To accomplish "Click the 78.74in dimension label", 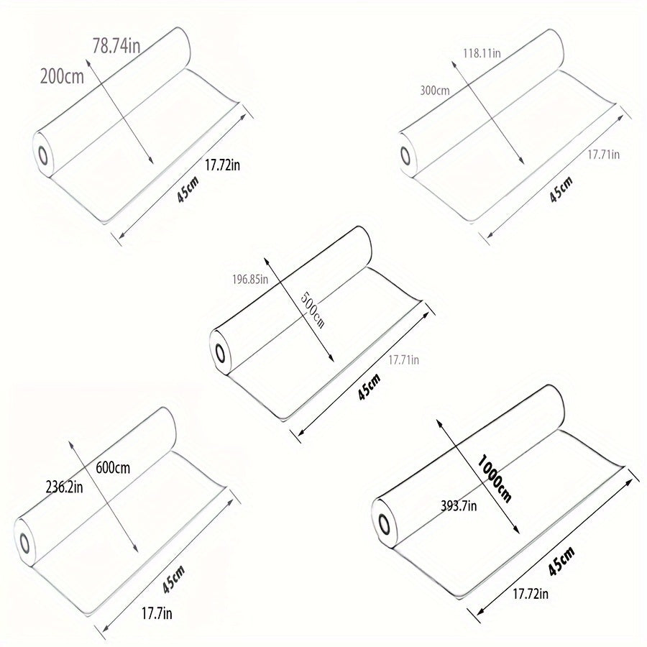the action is pos(116,45).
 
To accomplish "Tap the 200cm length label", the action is pos(62,76).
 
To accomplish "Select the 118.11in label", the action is pos(482,53).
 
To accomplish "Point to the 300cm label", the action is pos(435,90).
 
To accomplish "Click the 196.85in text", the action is pos(250,280).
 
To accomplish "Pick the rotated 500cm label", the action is pos(313,309).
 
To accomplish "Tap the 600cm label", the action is pos(113,468).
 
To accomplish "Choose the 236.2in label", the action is pos(65,487).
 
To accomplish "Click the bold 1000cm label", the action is pos(495,479).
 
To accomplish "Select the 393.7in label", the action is pos(459,505).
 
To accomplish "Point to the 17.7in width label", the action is pos(157,614).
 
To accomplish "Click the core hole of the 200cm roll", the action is pos(43,155).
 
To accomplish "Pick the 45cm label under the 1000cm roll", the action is pos(561,561).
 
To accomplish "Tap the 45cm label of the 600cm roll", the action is pos(173,579).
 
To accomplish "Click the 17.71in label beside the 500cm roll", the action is pos(403,360).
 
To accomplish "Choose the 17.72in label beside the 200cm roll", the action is pos(222,165).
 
